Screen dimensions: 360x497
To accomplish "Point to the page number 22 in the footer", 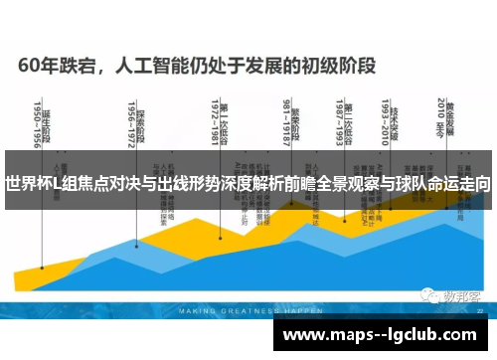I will (x=480, y=310).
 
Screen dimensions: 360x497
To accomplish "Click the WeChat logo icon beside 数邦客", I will (x=424, y=295).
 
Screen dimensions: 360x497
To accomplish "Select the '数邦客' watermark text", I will (x=460, y=295).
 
